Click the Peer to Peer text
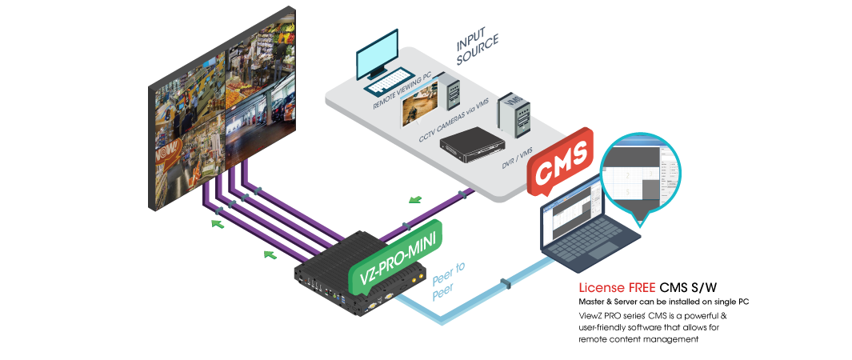(x=448, y=281)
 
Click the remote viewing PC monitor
(x=378, y=56)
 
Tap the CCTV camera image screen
(x=418, y=107)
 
